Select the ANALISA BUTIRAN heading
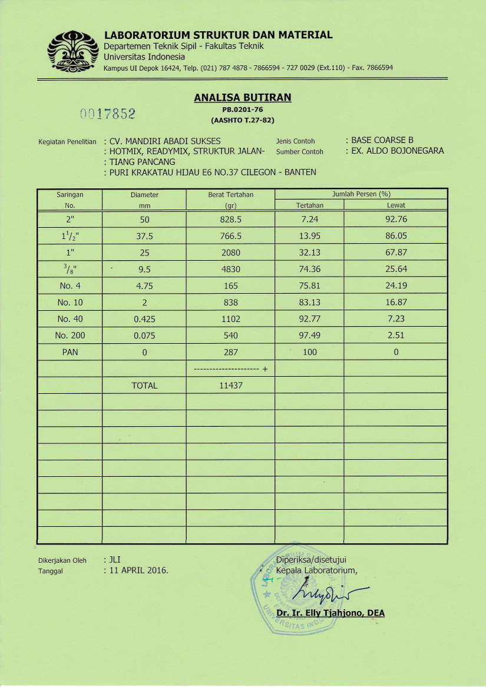pyautogui.click(x=242, y=98)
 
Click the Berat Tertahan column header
pyautogui.click(x=230, y=194)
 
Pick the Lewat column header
pyautogui.click(x=396, y=205)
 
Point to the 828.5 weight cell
pyautogui.click(x=230, y=220)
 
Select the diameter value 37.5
pyautogui.click(x=144, y=236)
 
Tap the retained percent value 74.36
pyautogui.click(x=309, y=269)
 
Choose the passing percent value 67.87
pyautogui.click(x=396, y=253)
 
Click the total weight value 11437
pyautogui.click(x=230, y=385)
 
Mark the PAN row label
pyautogui.click(x=70, y=352)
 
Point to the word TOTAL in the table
pyautogui.click(x=144, y=385)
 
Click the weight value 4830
pyautogui.click(x=230, y=269)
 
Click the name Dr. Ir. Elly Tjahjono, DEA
pyautogui.click(x=330, y=613)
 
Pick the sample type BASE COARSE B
pyautogui.click(x=382, y=140)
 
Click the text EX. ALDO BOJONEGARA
pyautogui.click(x=397, y=151)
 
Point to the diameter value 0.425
pyautogui.click(x=144, y=319)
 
